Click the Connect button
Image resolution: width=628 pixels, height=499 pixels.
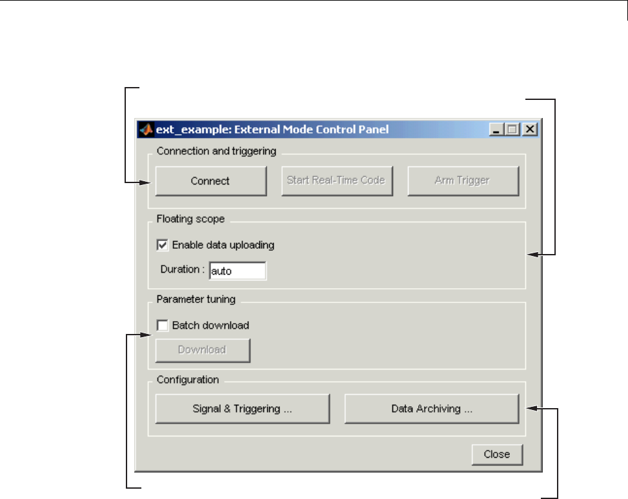[210, 181]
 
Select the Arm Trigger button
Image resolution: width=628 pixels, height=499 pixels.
[462, 181]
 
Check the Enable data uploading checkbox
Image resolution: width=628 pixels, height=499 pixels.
[161, 245]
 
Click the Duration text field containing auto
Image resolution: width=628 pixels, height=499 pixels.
[237, 271]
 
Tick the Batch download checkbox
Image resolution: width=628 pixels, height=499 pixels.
[161, 326]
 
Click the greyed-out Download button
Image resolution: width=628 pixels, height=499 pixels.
[202, 350]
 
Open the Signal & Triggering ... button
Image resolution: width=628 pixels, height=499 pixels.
[242, 409]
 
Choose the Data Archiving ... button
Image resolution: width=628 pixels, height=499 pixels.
[431, 409]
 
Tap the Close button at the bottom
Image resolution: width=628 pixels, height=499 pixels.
[496, 454]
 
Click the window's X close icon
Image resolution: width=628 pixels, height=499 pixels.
[530, 130]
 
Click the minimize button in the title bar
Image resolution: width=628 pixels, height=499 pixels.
[496, 130]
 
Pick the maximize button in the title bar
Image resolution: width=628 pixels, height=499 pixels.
[512, 130]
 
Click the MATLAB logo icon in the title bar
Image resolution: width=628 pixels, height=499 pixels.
[147, 129]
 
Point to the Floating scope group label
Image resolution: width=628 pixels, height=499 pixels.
[190, 219]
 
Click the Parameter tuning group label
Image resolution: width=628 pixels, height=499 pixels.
[196, 299]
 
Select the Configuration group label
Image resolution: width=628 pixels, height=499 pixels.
[187, 380]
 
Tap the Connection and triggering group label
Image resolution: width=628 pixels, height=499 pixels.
[216, 152]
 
